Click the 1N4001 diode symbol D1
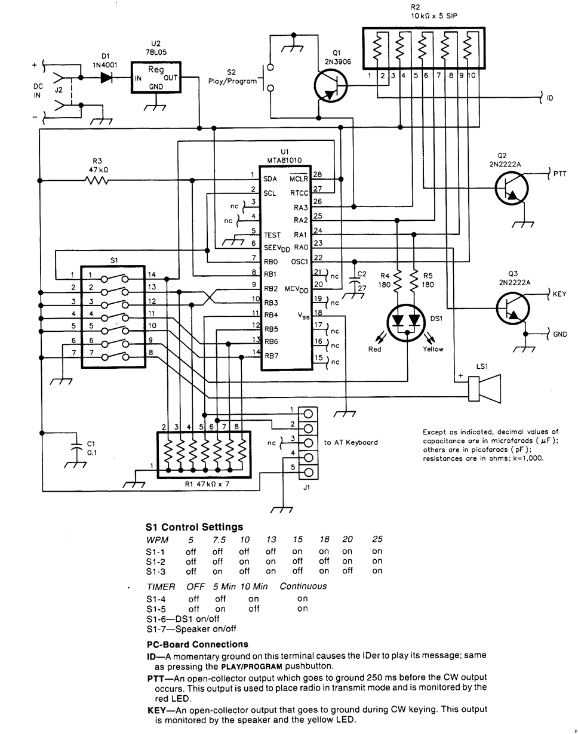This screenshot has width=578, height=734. (107, 77)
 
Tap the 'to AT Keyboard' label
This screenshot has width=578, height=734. (351, 442)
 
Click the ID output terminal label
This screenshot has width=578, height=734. (550, 97)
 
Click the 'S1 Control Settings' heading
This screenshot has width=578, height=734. (194, 527)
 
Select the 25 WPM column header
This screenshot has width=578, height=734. (377, 539)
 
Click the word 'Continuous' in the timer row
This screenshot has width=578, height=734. (303, 586)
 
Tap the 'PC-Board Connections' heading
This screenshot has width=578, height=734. (197, 644)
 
